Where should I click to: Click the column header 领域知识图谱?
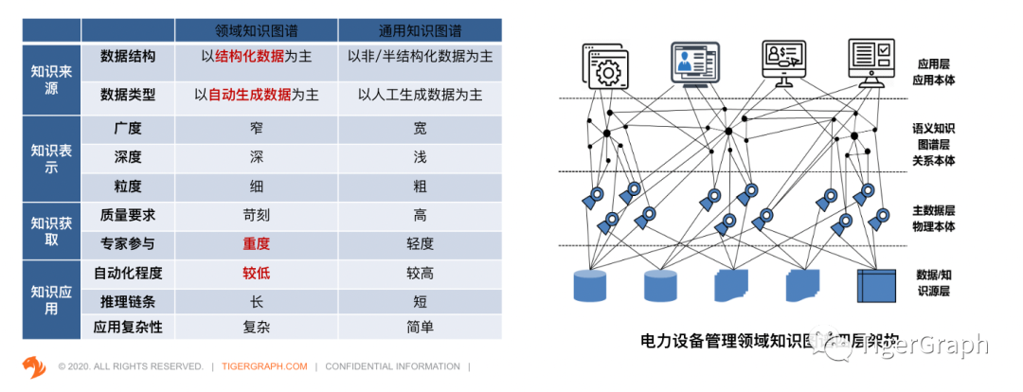click(257, 29)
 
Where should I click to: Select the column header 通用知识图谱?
click(420, 29)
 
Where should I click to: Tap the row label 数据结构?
click(128, 57)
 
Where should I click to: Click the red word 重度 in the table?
click(257, 243)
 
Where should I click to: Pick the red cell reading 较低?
click(257, 273)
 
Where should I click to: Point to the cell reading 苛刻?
click(257, 214)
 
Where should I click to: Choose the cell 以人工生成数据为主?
click(420, 95)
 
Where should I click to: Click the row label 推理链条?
click(128, 301)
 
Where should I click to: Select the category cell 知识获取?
click(51, 230)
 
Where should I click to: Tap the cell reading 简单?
click(420, 327)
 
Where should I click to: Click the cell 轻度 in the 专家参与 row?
click(420, 243)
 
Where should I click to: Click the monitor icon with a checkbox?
click(870, 62)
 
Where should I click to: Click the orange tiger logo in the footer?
click(34, 365)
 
